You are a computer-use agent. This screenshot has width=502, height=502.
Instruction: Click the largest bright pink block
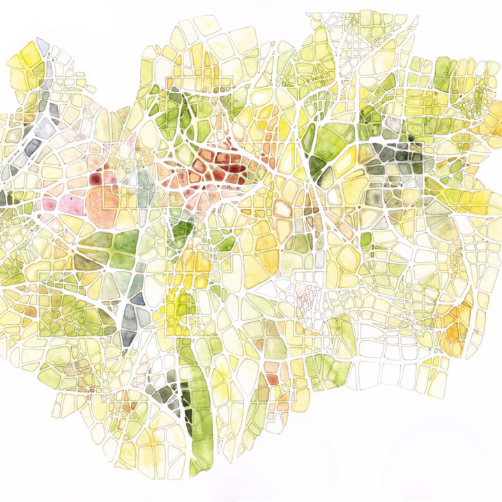tap(70, 204)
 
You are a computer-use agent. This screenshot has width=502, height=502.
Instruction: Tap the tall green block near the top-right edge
tap(442, 74)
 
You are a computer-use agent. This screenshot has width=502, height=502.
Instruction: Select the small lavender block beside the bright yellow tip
tap(43, 47)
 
